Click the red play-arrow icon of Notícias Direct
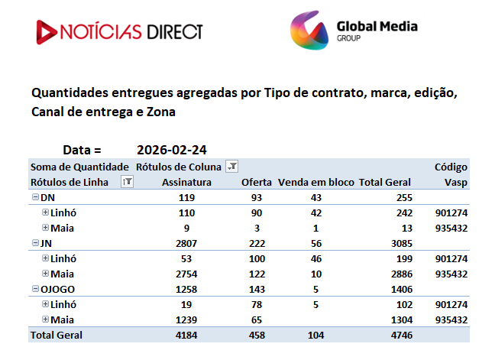(x=46, y=32)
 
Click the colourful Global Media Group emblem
(x=309, y=30)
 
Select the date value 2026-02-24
(x=172, y=150)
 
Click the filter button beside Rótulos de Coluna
(x=232, y=166)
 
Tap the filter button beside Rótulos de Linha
(x=128, y=182)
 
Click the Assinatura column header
(x=186, y=182)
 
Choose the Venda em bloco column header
(x=316, y=182)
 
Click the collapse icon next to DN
(x=36, y=197)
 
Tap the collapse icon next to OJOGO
(x=36, y=289)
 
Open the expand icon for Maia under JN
(x=46, y=273)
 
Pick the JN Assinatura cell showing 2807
(x=186, y=244)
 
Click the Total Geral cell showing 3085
(x=402, y=244)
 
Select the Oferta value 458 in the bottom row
(x=257, y=335)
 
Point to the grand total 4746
(x=402, y=335)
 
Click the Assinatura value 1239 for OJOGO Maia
(x=186, y=320)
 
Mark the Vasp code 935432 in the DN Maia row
(x=451, y=228)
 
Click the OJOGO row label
(x=57, y=289)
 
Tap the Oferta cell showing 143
(x=257, y=289)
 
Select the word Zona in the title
(x=160, y=112)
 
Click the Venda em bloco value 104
(x=316, y=335)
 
